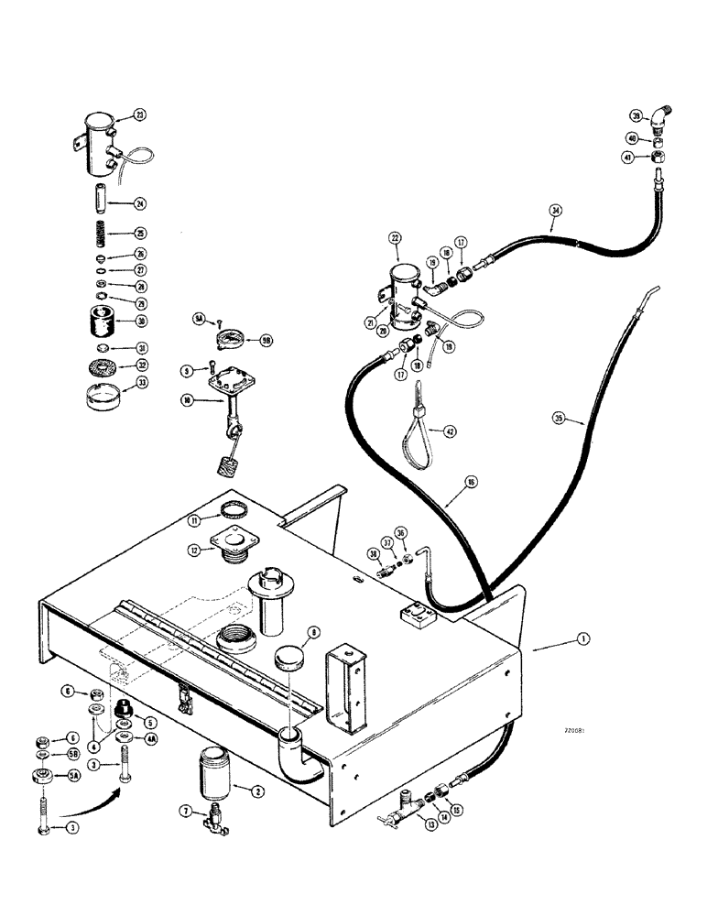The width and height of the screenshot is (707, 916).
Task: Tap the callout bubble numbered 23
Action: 139,115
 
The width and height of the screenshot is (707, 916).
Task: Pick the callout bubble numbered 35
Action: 558,419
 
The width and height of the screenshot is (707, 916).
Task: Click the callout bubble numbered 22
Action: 395,237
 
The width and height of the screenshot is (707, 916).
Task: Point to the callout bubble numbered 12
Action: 194,550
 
